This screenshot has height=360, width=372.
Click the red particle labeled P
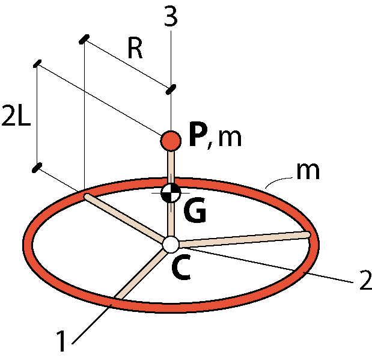click(x=171, y=141)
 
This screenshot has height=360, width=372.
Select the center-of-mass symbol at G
click(x=171, y=193)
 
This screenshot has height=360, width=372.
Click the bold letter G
click(x=195, y=210)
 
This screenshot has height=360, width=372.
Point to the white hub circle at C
click(x=171, y=245)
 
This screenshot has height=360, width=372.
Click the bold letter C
click(x=181, y=267)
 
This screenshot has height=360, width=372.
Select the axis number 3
click(x=171, y=17)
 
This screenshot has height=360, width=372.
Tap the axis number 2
click(x=366, y=279)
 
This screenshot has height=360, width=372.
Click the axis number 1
click(x=61, y=340)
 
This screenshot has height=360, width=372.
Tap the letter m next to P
click(x=230, y=138)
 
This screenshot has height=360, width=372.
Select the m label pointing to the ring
click(x=308, y=171)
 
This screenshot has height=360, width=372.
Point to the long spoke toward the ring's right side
click(x=245, y=239)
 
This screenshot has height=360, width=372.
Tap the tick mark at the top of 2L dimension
click(x=37, y=64)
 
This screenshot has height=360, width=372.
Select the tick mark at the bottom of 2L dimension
click(x=37, y=168)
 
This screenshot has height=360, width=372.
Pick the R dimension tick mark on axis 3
click(x=171, y=89)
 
